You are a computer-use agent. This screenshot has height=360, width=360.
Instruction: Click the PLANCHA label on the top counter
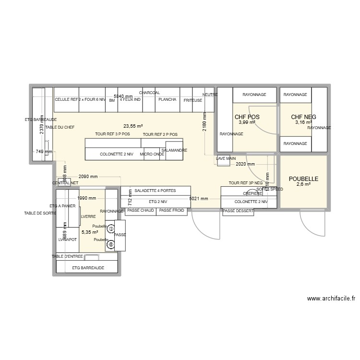pos(168,100)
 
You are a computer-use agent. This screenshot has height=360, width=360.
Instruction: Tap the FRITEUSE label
pos(193,100)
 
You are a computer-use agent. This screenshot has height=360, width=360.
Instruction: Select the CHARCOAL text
pos(149,93)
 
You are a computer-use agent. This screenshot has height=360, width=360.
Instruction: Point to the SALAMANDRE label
pos(174,150)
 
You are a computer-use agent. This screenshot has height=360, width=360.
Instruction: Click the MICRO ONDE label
pos(152,155)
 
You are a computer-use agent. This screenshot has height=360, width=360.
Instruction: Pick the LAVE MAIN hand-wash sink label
pos(226,158)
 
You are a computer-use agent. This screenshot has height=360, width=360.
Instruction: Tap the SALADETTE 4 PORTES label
pos(155,191)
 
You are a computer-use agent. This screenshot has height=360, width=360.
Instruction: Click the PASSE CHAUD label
pos(141,210)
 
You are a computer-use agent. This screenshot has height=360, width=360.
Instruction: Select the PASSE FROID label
pos(171,210)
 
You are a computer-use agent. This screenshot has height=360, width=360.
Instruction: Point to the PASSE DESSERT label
pos(238,211)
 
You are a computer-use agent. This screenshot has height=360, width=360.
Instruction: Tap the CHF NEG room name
pos(303,117)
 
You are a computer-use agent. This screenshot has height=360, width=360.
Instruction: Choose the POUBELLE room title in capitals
pos(303,179)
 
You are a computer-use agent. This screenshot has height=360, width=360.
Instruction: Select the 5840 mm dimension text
pos(123,96)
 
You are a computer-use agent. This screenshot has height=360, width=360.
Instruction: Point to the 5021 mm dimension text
pos(199,199)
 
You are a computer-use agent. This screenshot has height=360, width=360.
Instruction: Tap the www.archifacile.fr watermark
pos(331,299)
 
